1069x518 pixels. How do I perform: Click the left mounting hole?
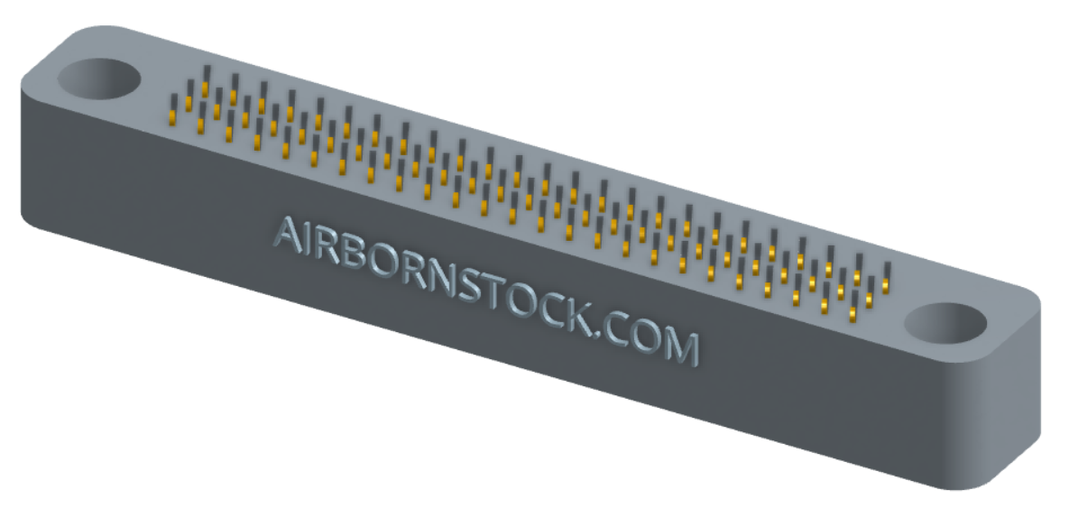point(99,79)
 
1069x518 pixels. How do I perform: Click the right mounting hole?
point(945,323)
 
